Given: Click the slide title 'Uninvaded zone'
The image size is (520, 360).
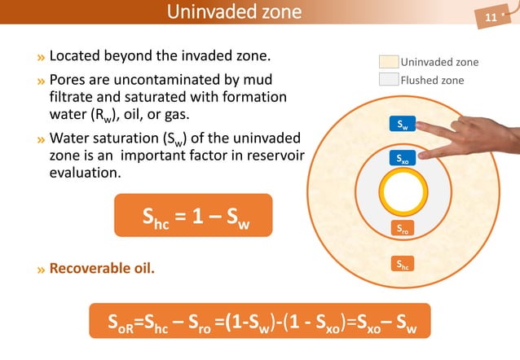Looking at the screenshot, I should (233, 12).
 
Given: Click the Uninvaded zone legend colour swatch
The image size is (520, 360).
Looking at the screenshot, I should (389, 62).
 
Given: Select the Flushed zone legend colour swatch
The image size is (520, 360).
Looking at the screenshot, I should (389, 80).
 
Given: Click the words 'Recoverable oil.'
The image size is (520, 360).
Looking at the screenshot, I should (102, 267).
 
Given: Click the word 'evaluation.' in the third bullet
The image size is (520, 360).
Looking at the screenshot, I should (86, 173).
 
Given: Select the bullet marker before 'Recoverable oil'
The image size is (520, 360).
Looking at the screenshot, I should (41, 268).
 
